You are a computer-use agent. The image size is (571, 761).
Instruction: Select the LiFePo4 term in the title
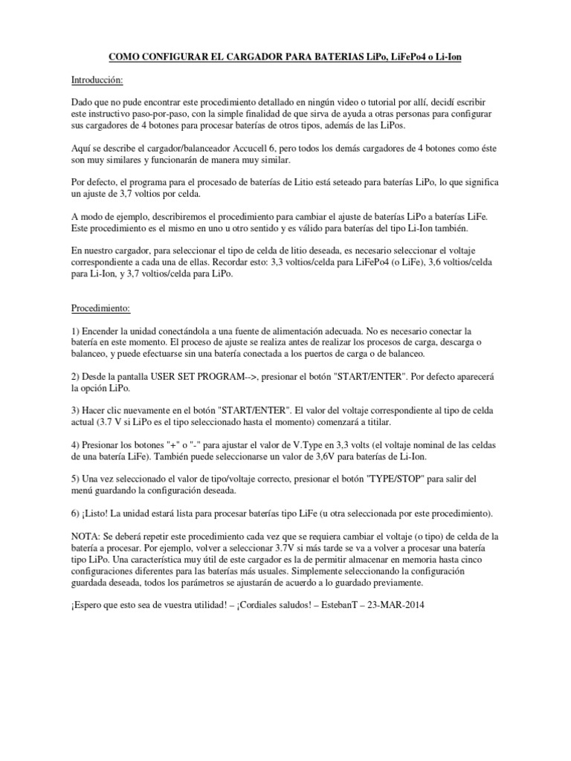(407, 56)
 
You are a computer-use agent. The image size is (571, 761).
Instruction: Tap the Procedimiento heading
(100, 306)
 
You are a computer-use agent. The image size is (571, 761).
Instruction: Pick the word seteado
(340, 182)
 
